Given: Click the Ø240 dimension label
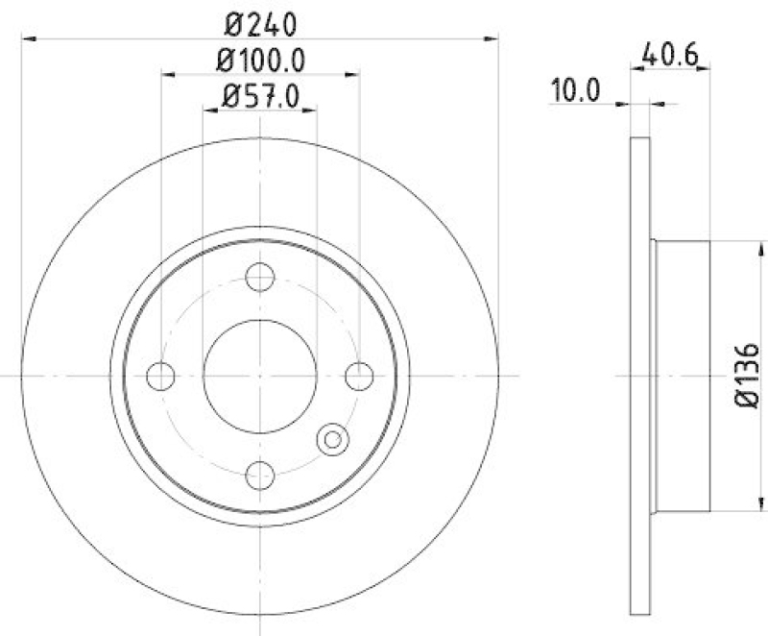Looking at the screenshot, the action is (260, 25).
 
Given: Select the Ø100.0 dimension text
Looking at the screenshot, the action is (260, 61).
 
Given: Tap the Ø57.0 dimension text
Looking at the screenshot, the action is (260, 96).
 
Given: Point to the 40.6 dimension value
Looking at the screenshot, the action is (669, 55).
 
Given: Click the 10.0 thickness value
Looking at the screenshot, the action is (575, 91).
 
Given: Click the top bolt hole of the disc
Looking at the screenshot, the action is (260, 277).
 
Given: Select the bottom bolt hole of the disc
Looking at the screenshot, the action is (259, 475).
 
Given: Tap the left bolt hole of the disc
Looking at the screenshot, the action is (160, 376).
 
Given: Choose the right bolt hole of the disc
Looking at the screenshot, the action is (359, 376).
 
